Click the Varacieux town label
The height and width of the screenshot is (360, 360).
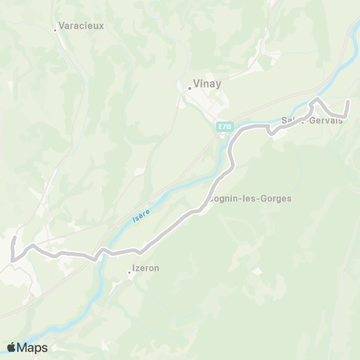[82, 25]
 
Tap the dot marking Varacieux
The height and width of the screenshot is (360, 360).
[55, 30]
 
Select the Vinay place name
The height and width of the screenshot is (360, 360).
[207, 84]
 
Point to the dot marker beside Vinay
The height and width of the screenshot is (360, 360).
[189, 88]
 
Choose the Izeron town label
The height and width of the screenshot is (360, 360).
[145, 268]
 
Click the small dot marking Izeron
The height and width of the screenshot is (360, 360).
[129, 272]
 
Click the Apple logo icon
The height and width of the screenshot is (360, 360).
[11, 347]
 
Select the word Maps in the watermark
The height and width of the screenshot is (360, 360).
[32, 347]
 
